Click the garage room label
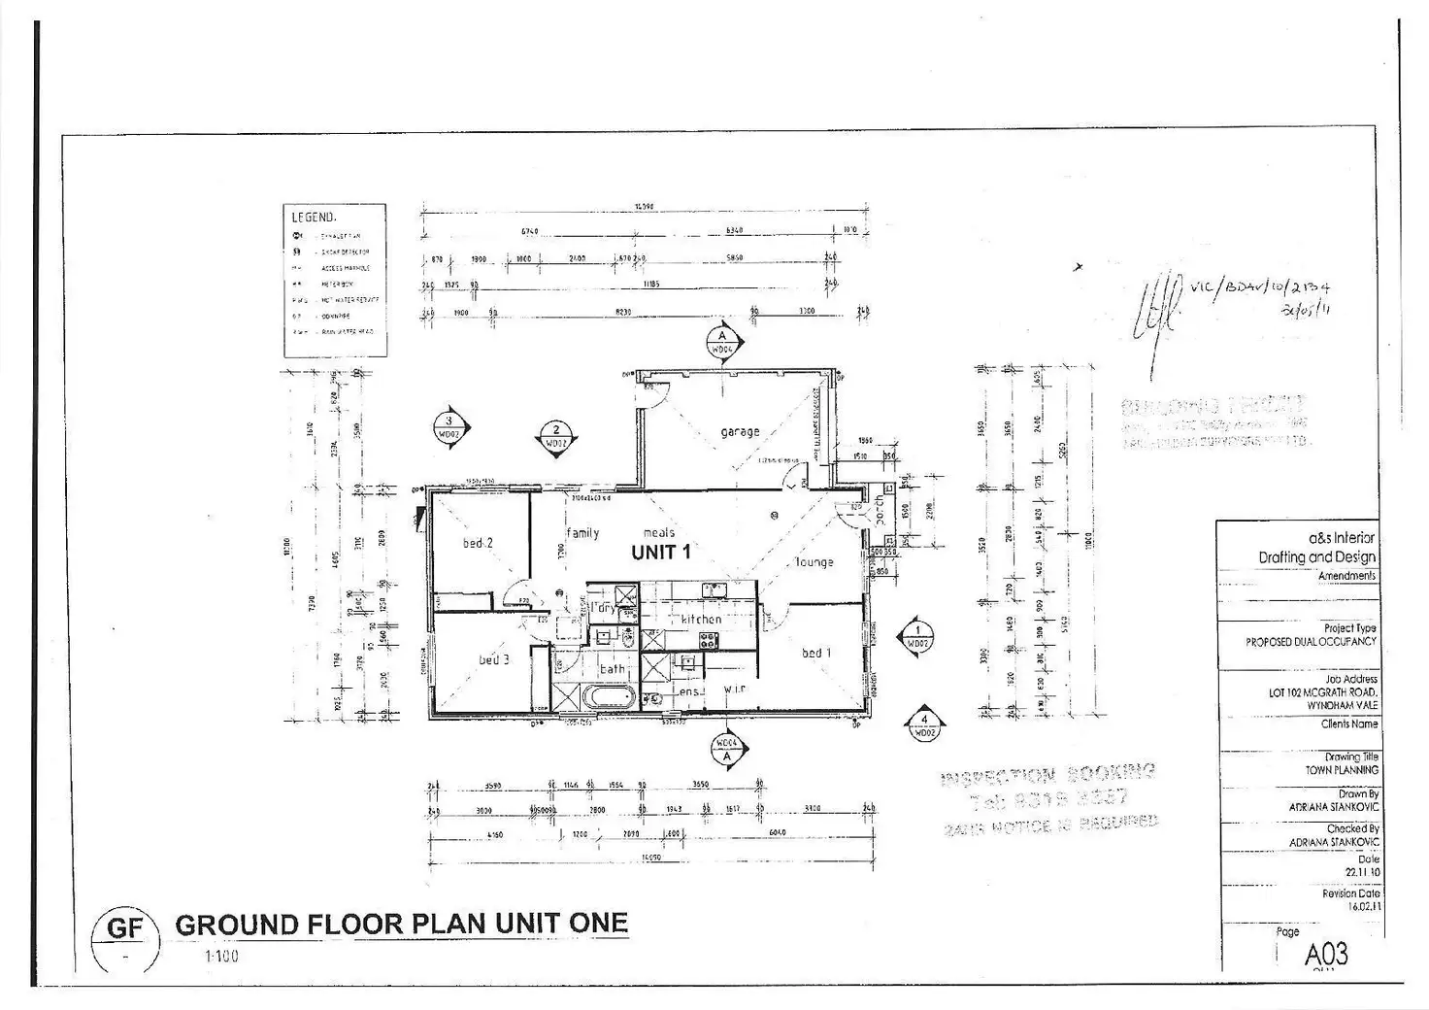click(x=740, y=431)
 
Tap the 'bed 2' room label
click(x=477, y=544)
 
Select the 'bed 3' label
click(x=493, y=660)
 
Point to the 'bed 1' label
click(x=815, y=654)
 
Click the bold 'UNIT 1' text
click(x=661, y=553)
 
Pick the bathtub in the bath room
click(x=607, y=697)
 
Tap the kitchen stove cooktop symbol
click(x=708, y=640)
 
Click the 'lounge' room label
click(x=814, y=562)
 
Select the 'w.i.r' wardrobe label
click(x=734, y=690)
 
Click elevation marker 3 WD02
click(x=449, y=428)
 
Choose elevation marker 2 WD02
click(x=555, y=437)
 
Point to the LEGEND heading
click(x=313, y=218)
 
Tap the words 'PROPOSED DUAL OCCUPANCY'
click(x=1311, y=642)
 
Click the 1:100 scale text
click(x=221, y=957)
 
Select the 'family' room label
click(x=582, y=533)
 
